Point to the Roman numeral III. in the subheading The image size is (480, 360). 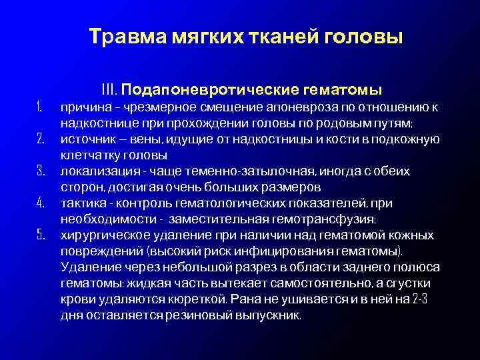(x=110, y=89)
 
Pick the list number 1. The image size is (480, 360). (x=39, y=107)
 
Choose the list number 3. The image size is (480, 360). (x=39, y=171)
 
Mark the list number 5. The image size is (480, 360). (x=39, y=235)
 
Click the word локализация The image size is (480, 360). (x=93, y=171)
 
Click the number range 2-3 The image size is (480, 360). (x=417, y=299)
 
